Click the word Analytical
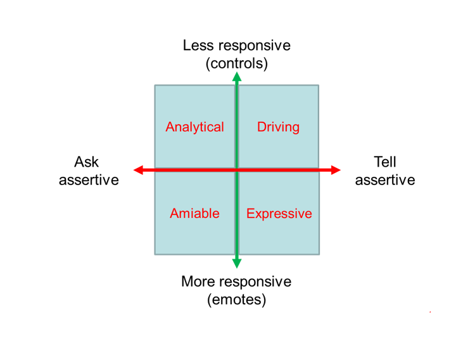click(x=194, y=127)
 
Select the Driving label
click(x=278, y=127)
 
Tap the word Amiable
click(x=194, y=214)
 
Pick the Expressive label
click(x=279, y=214)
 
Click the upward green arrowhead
click(x=237, y=77)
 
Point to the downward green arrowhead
click(x=237, y=263)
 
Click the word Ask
click(x=87, y=162)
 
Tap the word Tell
click(x=385, y=162)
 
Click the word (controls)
click(x=237, y=63)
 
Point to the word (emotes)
click(x=237, y=299)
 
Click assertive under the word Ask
click(x=89, y=180)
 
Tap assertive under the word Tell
click(x=385, y=180)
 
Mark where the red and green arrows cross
click(x=237, y=170)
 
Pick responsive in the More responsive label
click(x=256, y=281)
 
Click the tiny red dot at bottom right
click(x=430, y=312)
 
